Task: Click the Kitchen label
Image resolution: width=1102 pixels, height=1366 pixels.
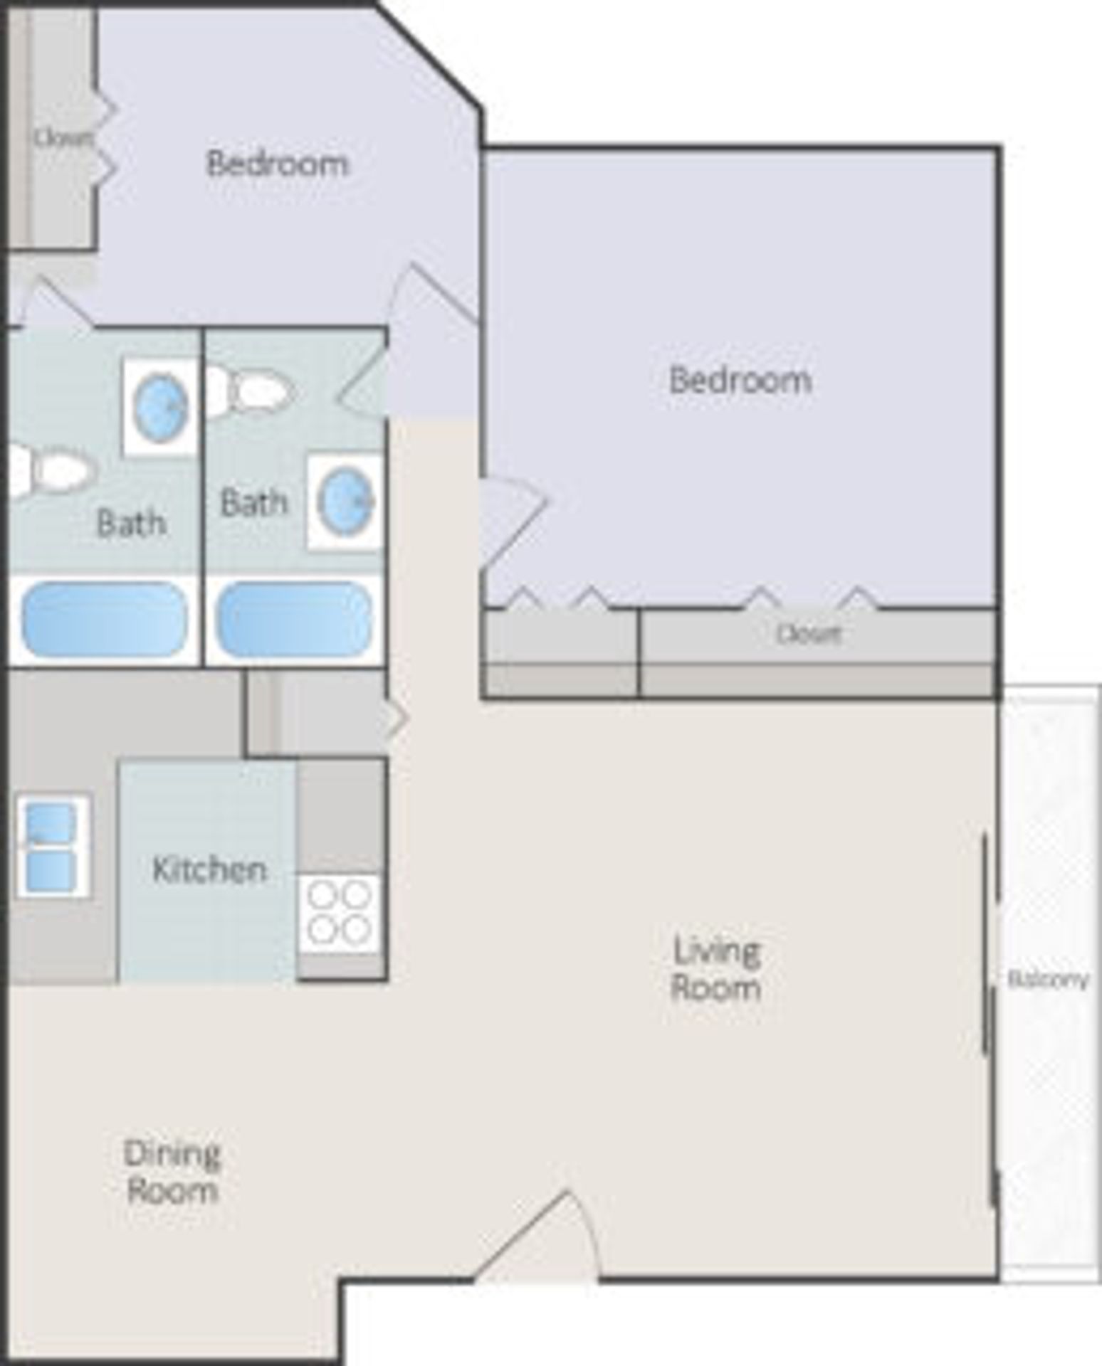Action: [x=209, y=869]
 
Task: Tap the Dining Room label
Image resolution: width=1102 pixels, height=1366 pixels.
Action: [x=172, y=1172]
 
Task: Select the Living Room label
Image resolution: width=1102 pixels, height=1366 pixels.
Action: [x=716, y=969]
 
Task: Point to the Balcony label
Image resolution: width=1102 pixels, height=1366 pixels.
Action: [x=1048, y=980]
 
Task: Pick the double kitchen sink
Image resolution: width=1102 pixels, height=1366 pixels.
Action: [x=51, y=847]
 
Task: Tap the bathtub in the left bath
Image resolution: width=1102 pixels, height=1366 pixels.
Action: [x=105, y=620]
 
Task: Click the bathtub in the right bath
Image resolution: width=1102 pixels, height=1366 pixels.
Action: [x=293, y=620]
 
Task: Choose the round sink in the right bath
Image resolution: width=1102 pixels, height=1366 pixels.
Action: [x=345, y=502]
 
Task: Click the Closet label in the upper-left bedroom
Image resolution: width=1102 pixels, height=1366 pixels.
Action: [x=63, y=137]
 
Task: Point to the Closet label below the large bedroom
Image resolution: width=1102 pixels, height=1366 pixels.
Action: [x=809, y=633]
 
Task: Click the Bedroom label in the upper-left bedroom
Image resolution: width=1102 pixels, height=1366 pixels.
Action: [x=278, y=164]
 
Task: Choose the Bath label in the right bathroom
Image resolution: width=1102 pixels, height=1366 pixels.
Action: [x=253, y=503]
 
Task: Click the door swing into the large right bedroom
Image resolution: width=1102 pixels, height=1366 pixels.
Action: [x=509, y=523]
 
